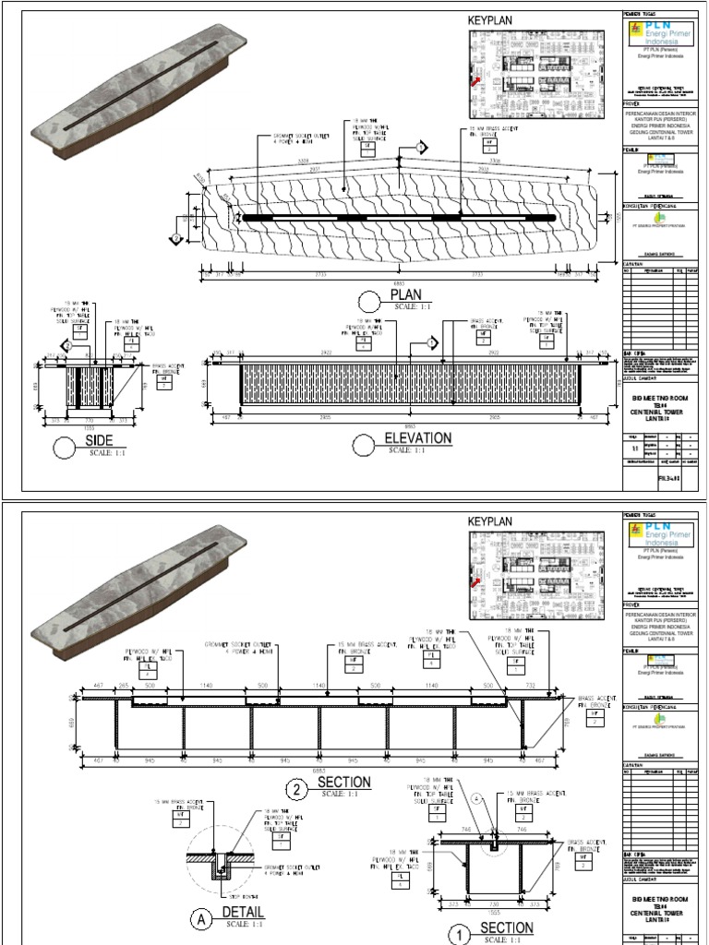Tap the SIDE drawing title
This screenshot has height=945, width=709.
coord(98,440)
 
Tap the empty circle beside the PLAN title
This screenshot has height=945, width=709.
coord(369,300)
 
